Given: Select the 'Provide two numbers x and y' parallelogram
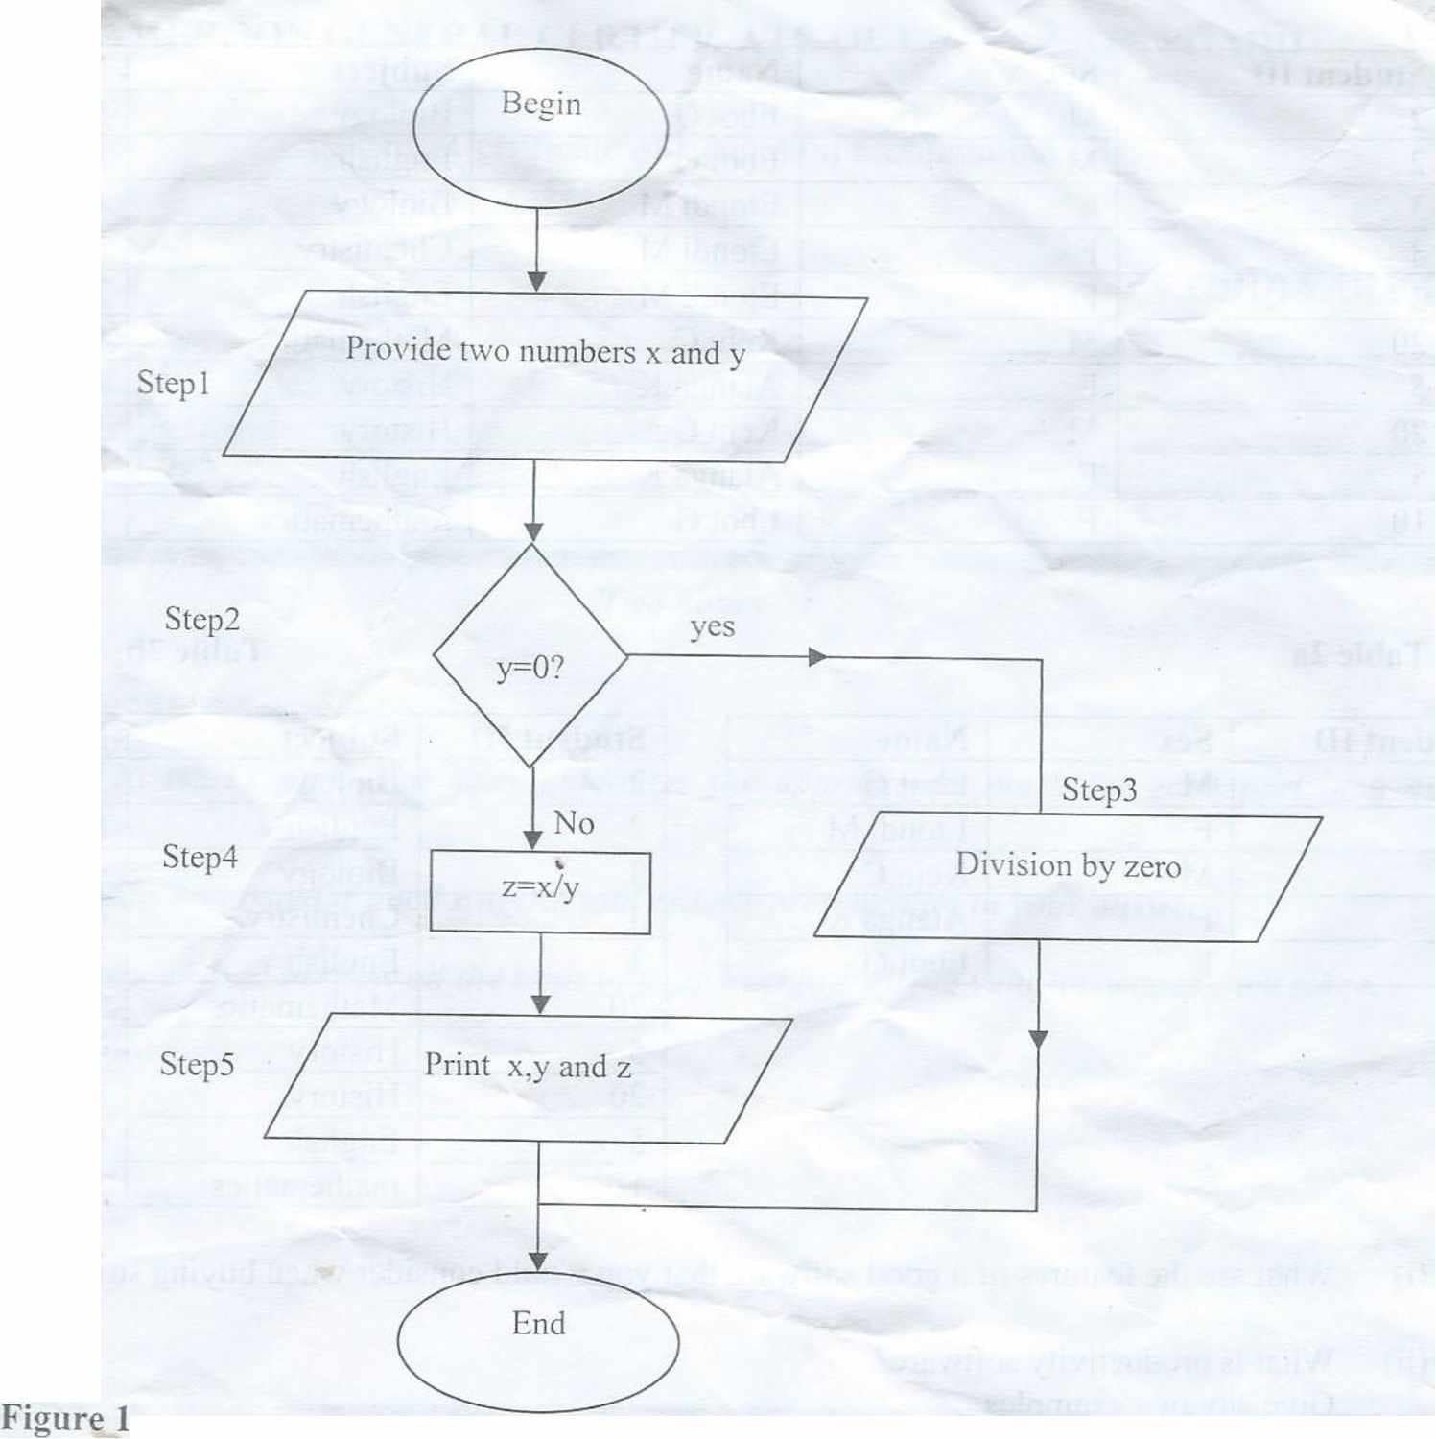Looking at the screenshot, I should [545, 374].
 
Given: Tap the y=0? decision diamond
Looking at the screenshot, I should [530, 656].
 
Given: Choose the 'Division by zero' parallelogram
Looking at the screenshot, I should [1068, 877].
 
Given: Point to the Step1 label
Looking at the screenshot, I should [173, 383].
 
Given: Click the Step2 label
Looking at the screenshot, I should [201, 619].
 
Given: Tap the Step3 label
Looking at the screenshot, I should [1099, 790].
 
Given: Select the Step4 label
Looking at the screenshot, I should [200, 856].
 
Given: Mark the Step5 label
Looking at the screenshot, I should [197, 1064].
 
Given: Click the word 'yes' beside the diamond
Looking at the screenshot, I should [712, 627].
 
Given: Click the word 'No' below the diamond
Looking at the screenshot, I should [574, 823].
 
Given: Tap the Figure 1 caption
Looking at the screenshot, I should [64, 1419].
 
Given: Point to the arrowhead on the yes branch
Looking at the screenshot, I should [817, 657].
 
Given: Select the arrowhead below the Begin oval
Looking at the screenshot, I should [537, 280].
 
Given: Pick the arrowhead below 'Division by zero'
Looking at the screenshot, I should [1039, 1040].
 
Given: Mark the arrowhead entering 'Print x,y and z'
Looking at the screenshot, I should [541, 1003].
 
